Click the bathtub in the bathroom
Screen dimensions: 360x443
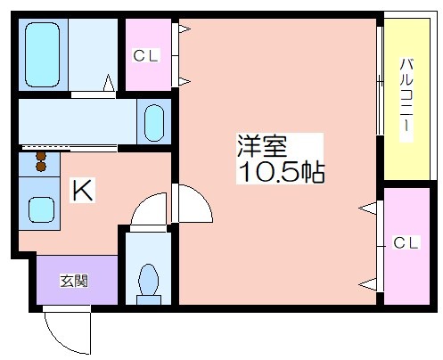click(43, 54)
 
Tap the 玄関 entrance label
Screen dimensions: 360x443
click(73, 281)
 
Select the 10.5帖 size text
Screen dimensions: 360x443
click(279, 170)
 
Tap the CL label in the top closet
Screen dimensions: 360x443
click(146, 55)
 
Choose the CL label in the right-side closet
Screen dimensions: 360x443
click(406, 241)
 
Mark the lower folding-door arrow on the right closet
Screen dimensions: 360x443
click(366, 283)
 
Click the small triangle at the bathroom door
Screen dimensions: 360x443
click(110, 85)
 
